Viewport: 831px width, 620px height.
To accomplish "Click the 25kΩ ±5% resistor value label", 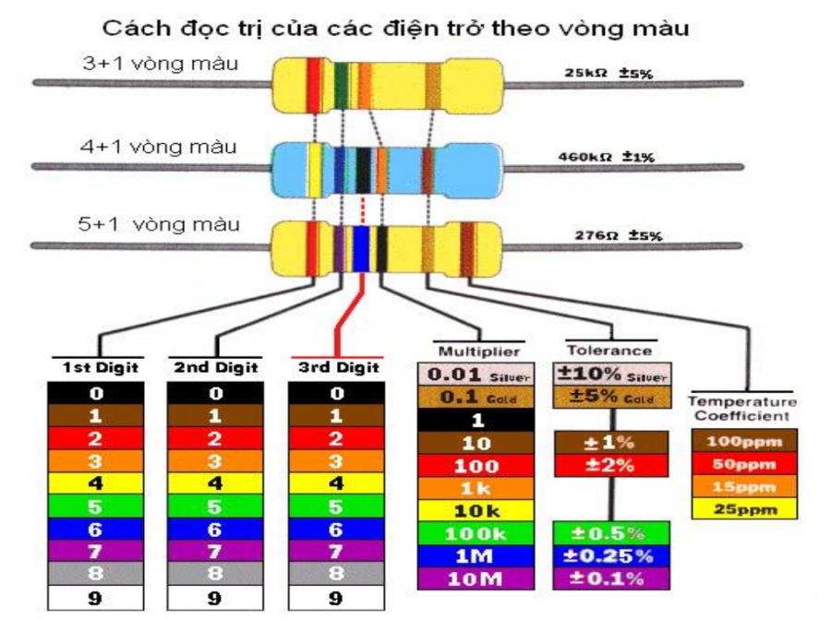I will point(608,73).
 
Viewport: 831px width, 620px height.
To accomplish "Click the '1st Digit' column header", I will point(100,367).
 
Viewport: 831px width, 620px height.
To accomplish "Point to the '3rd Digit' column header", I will point(338,367).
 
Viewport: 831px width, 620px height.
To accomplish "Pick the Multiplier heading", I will point(478,352).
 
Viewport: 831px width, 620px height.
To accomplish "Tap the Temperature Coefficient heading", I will point(741,410).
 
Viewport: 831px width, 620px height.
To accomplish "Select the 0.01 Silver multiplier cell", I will point(476,376).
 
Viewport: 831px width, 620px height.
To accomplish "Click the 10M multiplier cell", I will point(476,578).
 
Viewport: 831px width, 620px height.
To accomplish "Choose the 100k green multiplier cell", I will point(476,533).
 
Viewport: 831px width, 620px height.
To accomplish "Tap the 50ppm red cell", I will point(743,462).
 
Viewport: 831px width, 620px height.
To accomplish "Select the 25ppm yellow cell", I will point(743,508).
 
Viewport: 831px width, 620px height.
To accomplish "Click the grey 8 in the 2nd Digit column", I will point(214,575).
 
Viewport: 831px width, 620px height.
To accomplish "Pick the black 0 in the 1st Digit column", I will point(96,394).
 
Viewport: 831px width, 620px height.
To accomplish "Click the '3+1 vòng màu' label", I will point(160,65).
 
